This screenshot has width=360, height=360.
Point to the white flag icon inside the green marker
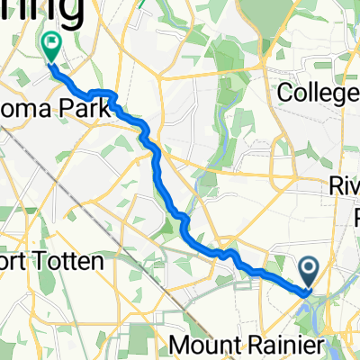(x=51, y=40)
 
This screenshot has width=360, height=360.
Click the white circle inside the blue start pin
(x=308, y=267)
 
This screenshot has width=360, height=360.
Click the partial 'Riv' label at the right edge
(x=345, y=189)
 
